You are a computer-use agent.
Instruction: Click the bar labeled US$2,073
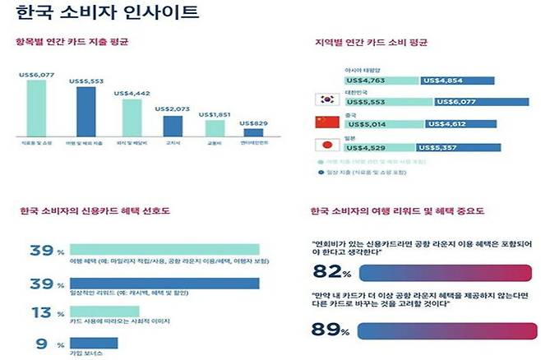[173, 127]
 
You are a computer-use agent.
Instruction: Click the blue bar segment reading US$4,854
[447, 81]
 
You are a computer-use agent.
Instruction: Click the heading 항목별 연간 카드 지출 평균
[72, 41]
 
